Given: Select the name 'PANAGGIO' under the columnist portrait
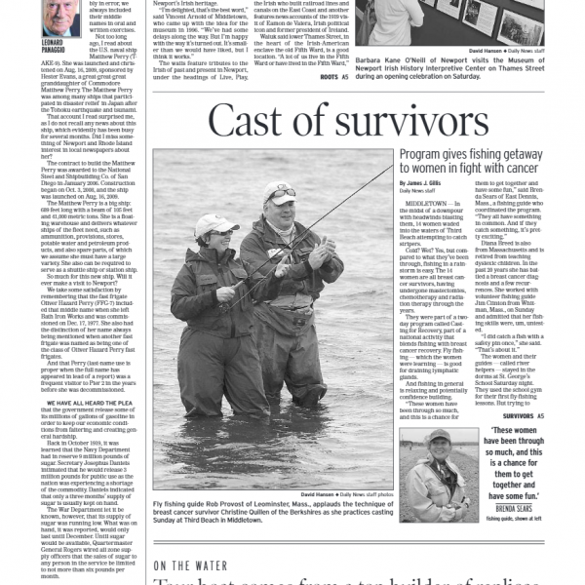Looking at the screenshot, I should click(56, 46).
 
